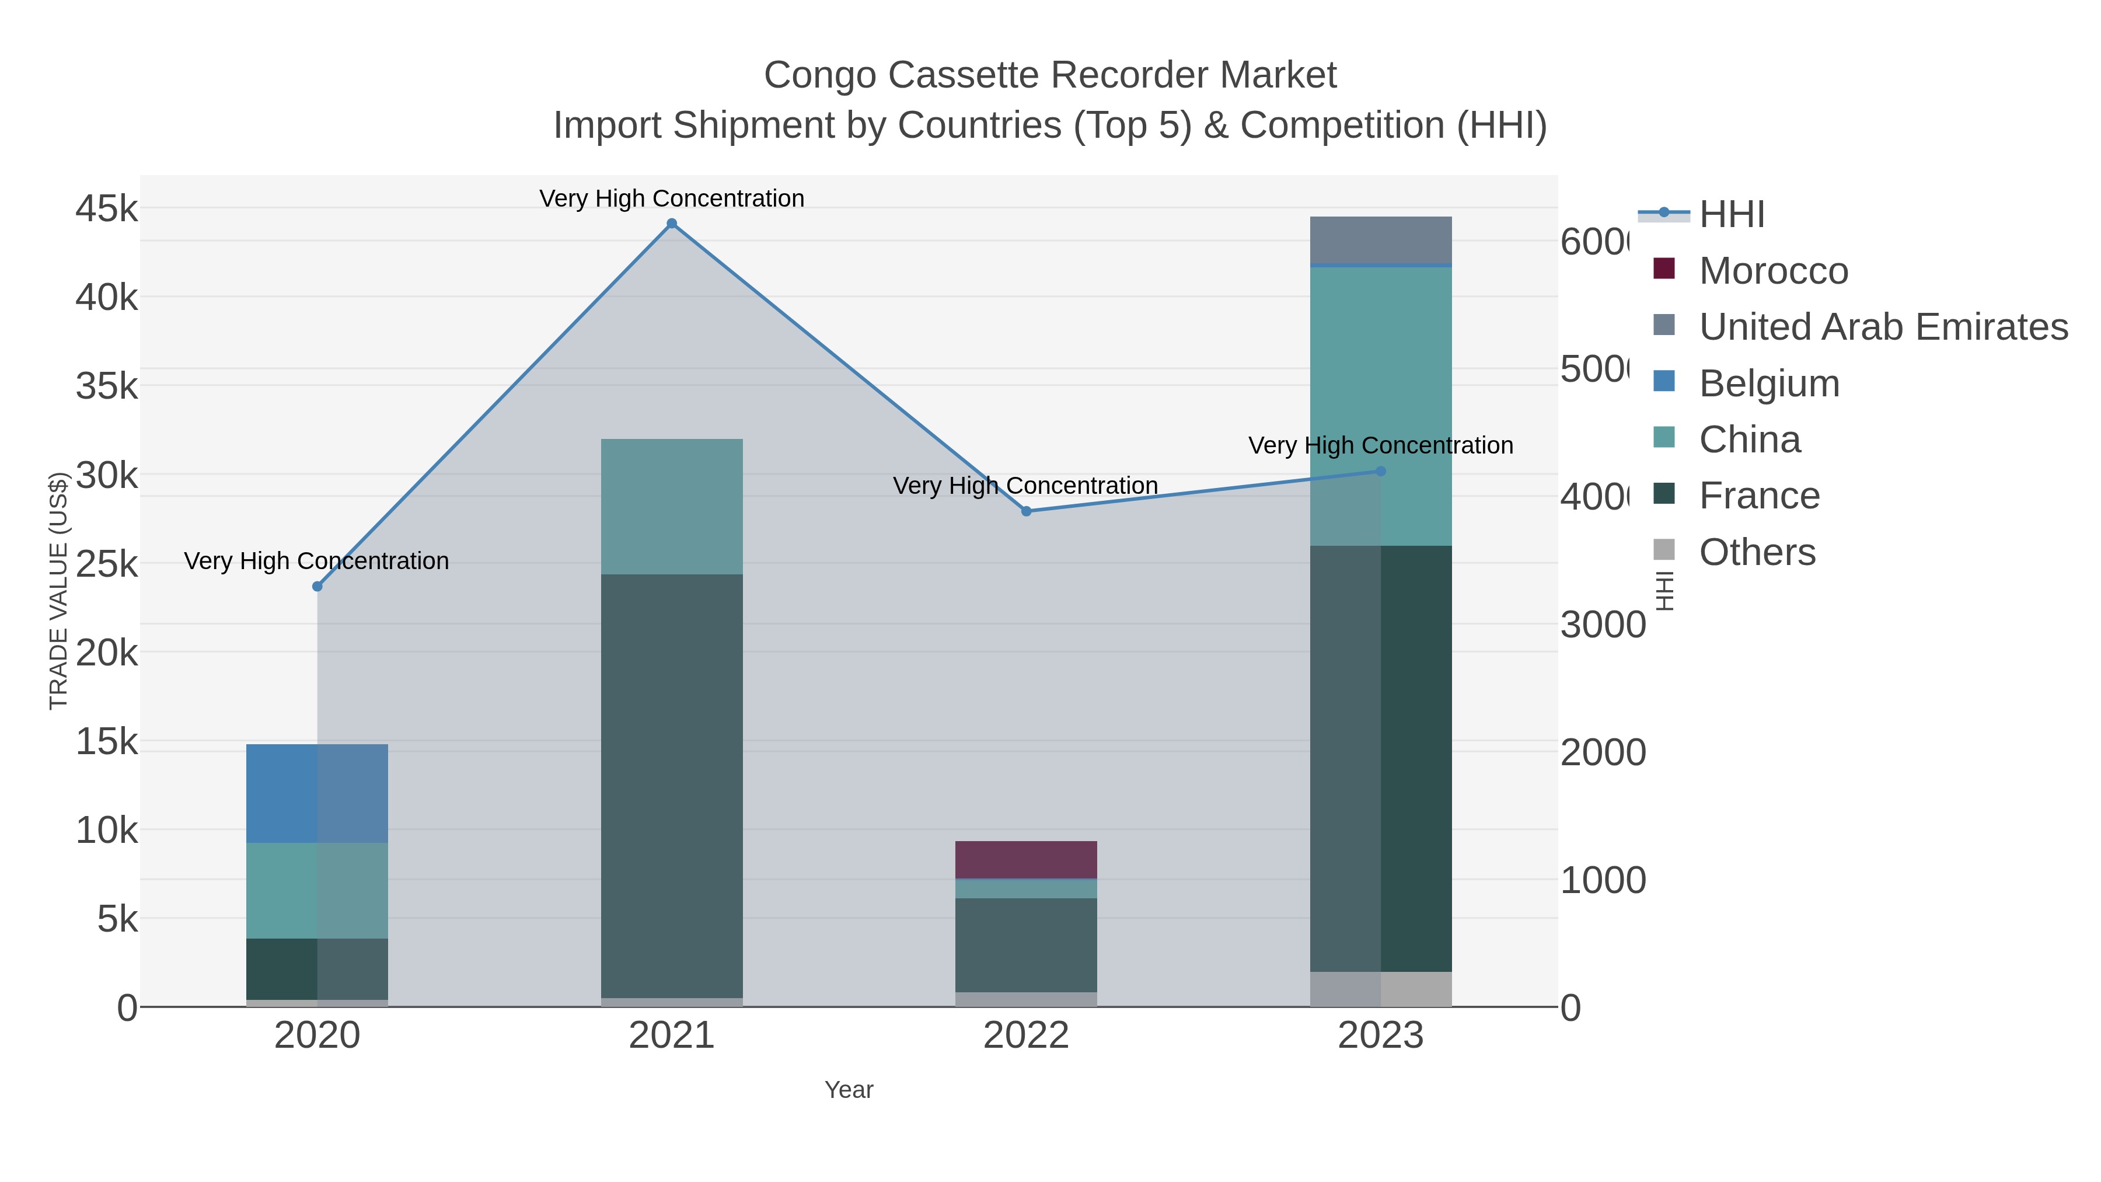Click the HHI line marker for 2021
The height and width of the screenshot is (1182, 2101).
pyautogui.click(x=671, y=224)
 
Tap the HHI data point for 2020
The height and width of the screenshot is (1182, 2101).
pyautogui.click(x=317, y=587)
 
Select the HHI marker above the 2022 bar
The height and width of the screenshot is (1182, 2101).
pyautogui.click(x=1026, y=511)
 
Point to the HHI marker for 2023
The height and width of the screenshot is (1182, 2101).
pyautogui.click(x=1380, y=472)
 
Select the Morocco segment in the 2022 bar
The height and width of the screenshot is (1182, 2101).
pyautogui.click(x=1025, y=860)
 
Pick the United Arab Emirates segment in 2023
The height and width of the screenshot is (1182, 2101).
pyautogui.click(x=1380, y=240)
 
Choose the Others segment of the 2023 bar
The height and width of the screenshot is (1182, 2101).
pyautogui.click(x=1380, y=989)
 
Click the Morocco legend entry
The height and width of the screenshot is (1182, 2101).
pyautogui.click(x=1772, y=271)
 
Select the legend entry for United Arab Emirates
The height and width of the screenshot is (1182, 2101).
pyautogui.click(x=1882, y=327)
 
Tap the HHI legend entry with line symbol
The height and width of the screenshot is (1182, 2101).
pyautogui.click(x=1731, y=215)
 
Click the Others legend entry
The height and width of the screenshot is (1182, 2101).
pyautogui.click(x=1756, y=552)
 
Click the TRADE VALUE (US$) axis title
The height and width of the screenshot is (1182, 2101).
pyautogui.click(x=59, y=591)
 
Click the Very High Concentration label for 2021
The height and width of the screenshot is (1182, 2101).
pyautogui.click(x=671, y=198)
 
